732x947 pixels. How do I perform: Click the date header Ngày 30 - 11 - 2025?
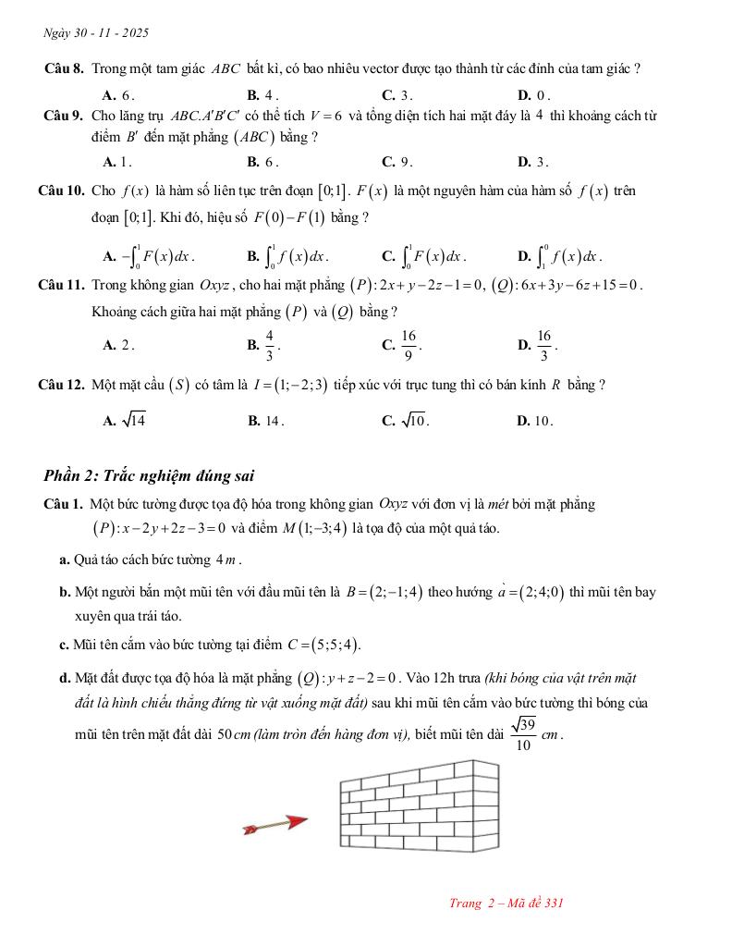point(96,33)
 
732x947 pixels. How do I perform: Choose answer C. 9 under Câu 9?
point(396,162)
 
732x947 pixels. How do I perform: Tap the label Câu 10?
point(62,191)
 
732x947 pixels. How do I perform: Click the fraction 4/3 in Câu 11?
point(269,345)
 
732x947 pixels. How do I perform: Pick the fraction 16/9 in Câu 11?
point(409,345)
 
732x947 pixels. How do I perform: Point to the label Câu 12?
point(62,385)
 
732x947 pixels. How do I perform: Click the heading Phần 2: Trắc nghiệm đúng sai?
point(149,476)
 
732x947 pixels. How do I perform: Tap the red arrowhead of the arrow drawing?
point(295,821)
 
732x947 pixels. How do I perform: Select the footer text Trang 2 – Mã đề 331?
point(506,903)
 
